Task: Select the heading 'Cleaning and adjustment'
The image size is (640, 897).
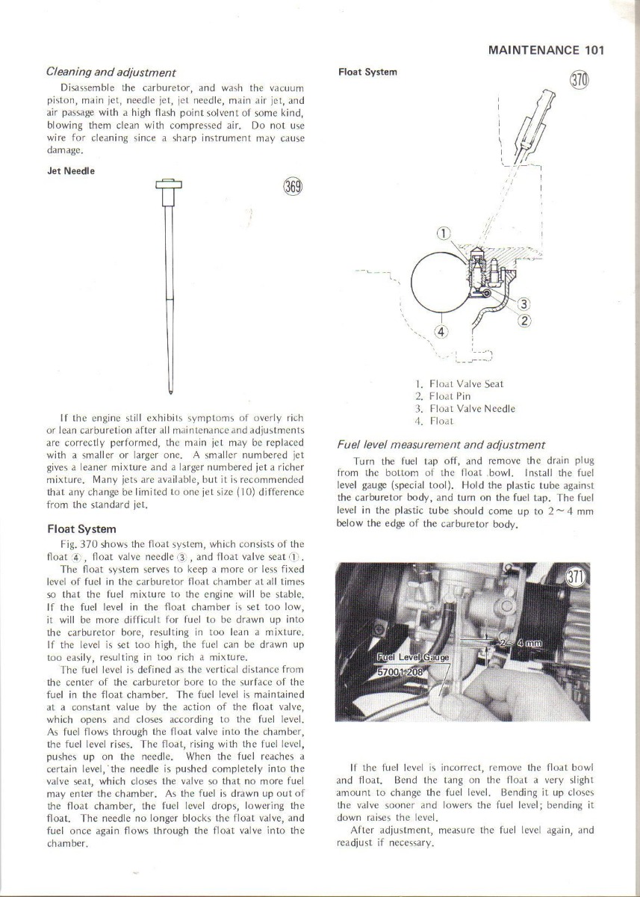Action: (x=111, y=73)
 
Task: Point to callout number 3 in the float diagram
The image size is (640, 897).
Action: (x=524, y=303)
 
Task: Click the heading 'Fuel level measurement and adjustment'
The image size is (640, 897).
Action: (x=441, y=445)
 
